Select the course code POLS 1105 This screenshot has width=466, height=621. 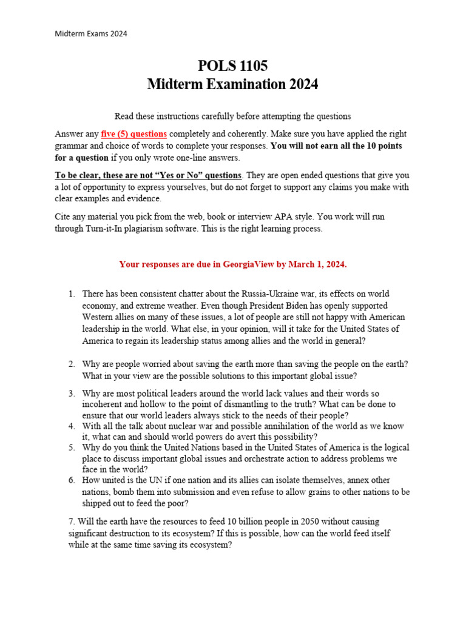coord(232,65)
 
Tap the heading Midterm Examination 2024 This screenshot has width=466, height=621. coord(232,84)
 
